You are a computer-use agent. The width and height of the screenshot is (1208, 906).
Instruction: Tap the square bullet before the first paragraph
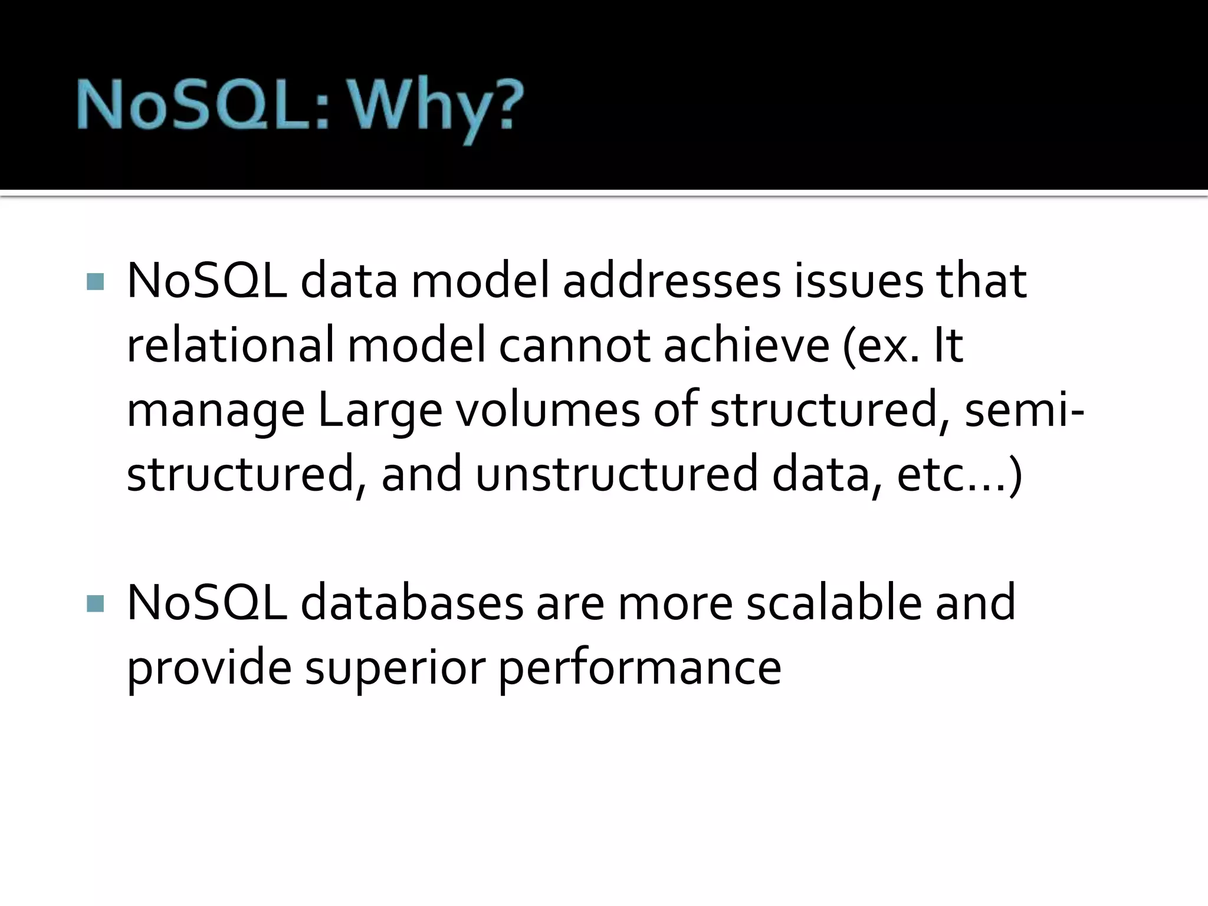[x=95, y=282]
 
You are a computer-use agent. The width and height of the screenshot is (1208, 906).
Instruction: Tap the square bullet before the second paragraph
[x=95, y=603]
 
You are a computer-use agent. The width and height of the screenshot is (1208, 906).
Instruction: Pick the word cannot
[x=575, y=346]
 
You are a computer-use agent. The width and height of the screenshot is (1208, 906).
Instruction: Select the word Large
[x=380, y=411]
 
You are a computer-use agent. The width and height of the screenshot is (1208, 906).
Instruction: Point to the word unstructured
[x=616, y=474]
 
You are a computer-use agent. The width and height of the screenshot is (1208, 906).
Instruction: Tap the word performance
[x=640, y=669]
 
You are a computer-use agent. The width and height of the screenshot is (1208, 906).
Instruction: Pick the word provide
[x=209, y=668]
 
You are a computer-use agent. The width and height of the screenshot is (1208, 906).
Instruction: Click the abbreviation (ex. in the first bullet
[x=882, y=346]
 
